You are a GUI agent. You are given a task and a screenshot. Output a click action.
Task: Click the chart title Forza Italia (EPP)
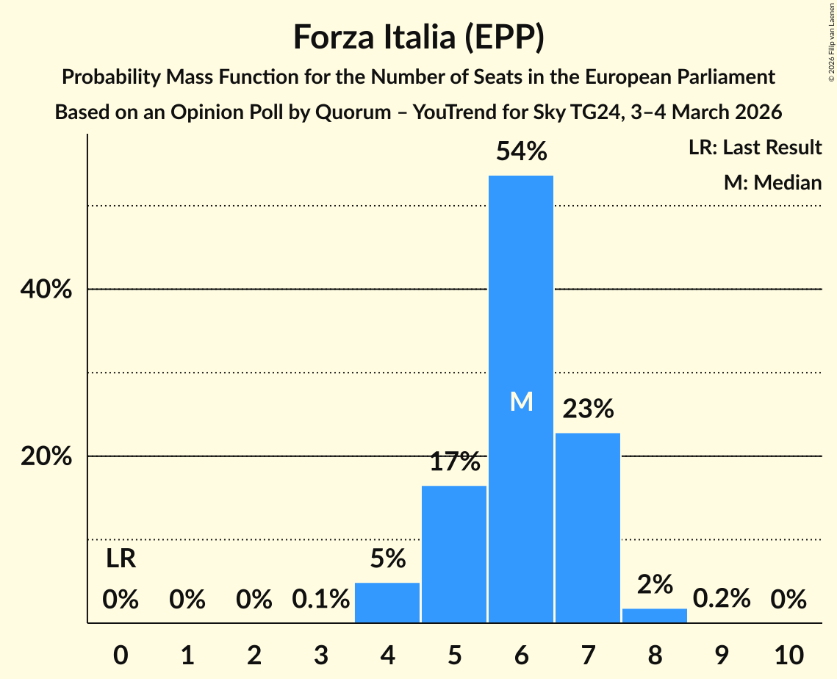click(x=418, y=37)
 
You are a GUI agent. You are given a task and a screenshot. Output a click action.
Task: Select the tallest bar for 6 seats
click(x=521, y=294)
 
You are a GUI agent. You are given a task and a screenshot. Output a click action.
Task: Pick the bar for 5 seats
click(x=454, y=554)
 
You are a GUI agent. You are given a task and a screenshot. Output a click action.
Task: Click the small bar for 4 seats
click(x=387, y=603)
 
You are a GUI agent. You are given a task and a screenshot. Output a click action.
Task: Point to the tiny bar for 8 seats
click(x=655, y=616)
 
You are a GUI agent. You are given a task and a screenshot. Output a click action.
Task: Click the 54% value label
click(x=521, y=152)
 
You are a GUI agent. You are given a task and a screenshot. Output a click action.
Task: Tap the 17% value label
click(x=454, y=462)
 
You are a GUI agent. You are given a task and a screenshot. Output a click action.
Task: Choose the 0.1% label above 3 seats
click(x=320, y=600)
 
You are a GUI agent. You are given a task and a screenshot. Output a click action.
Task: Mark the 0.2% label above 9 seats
click(x=722, y=600)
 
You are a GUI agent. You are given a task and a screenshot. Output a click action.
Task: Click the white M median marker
click(x=521, y=401)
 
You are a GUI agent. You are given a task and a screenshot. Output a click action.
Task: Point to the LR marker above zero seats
click(x=121, y=559)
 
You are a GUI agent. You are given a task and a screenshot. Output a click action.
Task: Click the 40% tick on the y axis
click(x=46, y=290)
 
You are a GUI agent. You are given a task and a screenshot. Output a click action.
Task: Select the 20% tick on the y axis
click(x=46, y=456)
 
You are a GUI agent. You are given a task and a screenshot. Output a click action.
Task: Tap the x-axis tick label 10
click(x=788, y=654)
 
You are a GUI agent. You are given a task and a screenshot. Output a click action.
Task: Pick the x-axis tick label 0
click(x=121, y=654)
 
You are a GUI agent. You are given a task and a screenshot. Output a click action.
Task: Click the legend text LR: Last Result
click(x=755, y=148)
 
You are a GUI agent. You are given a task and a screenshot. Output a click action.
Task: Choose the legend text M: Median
click(x=772, y=182)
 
